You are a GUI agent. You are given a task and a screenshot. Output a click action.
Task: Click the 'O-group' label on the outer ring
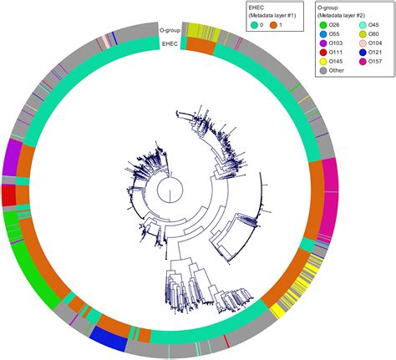[170, 30]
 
